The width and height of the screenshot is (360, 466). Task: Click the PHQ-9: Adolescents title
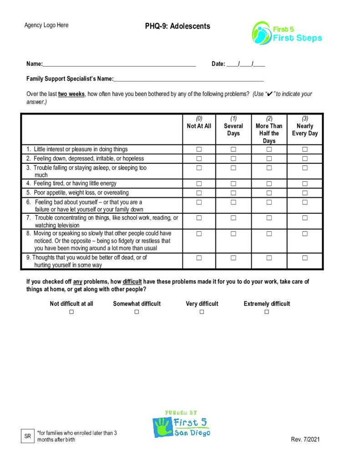pos(177,26)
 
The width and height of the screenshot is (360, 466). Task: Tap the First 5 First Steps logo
pos(287,33)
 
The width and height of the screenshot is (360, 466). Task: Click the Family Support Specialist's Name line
pos(188,79)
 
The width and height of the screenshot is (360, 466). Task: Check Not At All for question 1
pos(199,149)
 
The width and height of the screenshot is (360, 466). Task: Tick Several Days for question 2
pos(233,159)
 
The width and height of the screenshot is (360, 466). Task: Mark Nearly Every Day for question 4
pos(305,184)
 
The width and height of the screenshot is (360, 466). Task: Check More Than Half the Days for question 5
pos(269,193)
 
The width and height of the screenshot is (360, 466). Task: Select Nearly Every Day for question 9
pos(305,258)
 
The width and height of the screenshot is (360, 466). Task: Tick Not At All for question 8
pos(199,234)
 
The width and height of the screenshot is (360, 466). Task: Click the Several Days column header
pos(233,126)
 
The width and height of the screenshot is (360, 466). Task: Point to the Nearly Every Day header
pos(305,126)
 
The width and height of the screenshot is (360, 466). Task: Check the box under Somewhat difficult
pos(137,312)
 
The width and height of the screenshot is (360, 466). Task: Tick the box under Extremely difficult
pos(267,312)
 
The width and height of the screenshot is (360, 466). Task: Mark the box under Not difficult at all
pos(71,312)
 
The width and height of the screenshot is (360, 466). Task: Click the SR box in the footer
pos(28,436)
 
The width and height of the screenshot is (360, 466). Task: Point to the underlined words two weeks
pos(71,94)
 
